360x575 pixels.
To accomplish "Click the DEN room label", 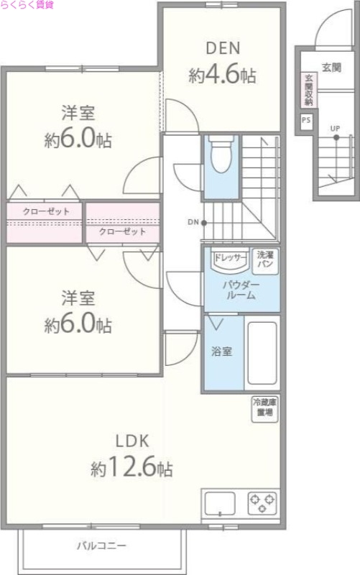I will pos(223,49).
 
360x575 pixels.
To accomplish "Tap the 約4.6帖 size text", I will pos(223,75).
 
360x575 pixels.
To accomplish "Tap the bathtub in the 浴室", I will pos(262,353).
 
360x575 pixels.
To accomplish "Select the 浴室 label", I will pos(221,353).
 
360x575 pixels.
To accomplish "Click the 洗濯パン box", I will pos(264,259).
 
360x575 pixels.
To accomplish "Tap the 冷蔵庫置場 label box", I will pos(263,408).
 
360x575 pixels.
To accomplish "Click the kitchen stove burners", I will pos(262,502).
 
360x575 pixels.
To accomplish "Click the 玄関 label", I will pos(331,68).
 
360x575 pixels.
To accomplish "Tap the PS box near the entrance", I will pos(307,120).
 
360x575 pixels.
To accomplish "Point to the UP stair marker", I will pos(335,129).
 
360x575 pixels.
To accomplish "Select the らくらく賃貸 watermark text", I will pos(27,6).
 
